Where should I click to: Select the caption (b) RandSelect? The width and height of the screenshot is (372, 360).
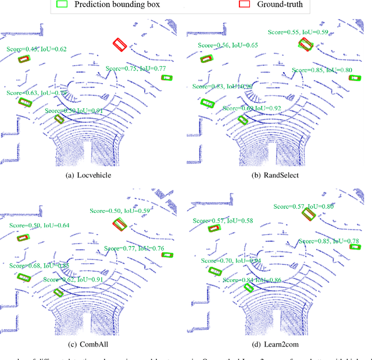point(278,174)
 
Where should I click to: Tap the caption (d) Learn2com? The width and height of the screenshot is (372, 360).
point(278,347)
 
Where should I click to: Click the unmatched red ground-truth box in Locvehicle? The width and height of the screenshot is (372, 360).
point(120,44)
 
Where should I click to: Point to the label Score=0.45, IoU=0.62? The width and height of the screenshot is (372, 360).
point(37,49)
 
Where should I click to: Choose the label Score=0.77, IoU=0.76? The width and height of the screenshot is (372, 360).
point(134,248)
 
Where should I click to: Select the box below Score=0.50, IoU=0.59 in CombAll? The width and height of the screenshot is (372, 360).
point(120,224)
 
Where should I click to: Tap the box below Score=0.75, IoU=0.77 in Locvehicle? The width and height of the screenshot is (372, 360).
point(167,77)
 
